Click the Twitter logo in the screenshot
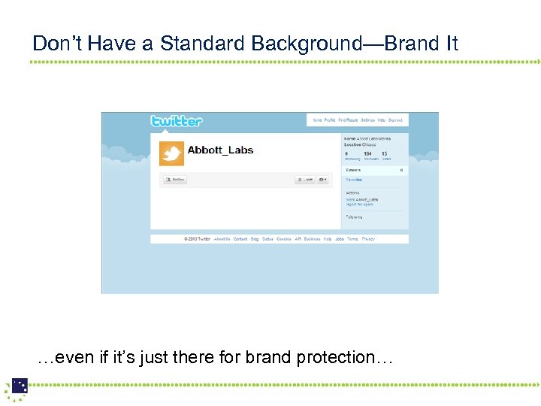click(177, 121)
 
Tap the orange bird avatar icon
click(172, 153)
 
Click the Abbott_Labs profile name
click(220, 150)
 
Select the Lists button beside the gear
click(304, 180)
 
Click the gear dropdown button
click(323, 180)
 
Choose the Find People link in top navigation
click(348, 120)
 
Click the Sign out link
click(395, 120)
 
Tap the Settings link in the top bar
click(367, 120)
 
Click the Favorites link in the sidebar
click(354, 180)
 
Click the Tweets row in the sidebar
click(374, 171)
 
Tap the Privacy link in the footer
click(368, 239)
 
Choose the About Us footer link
click(222, 239)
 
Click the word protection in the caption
click(331, 357)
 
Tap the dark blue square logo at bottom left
click(20, 386)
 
